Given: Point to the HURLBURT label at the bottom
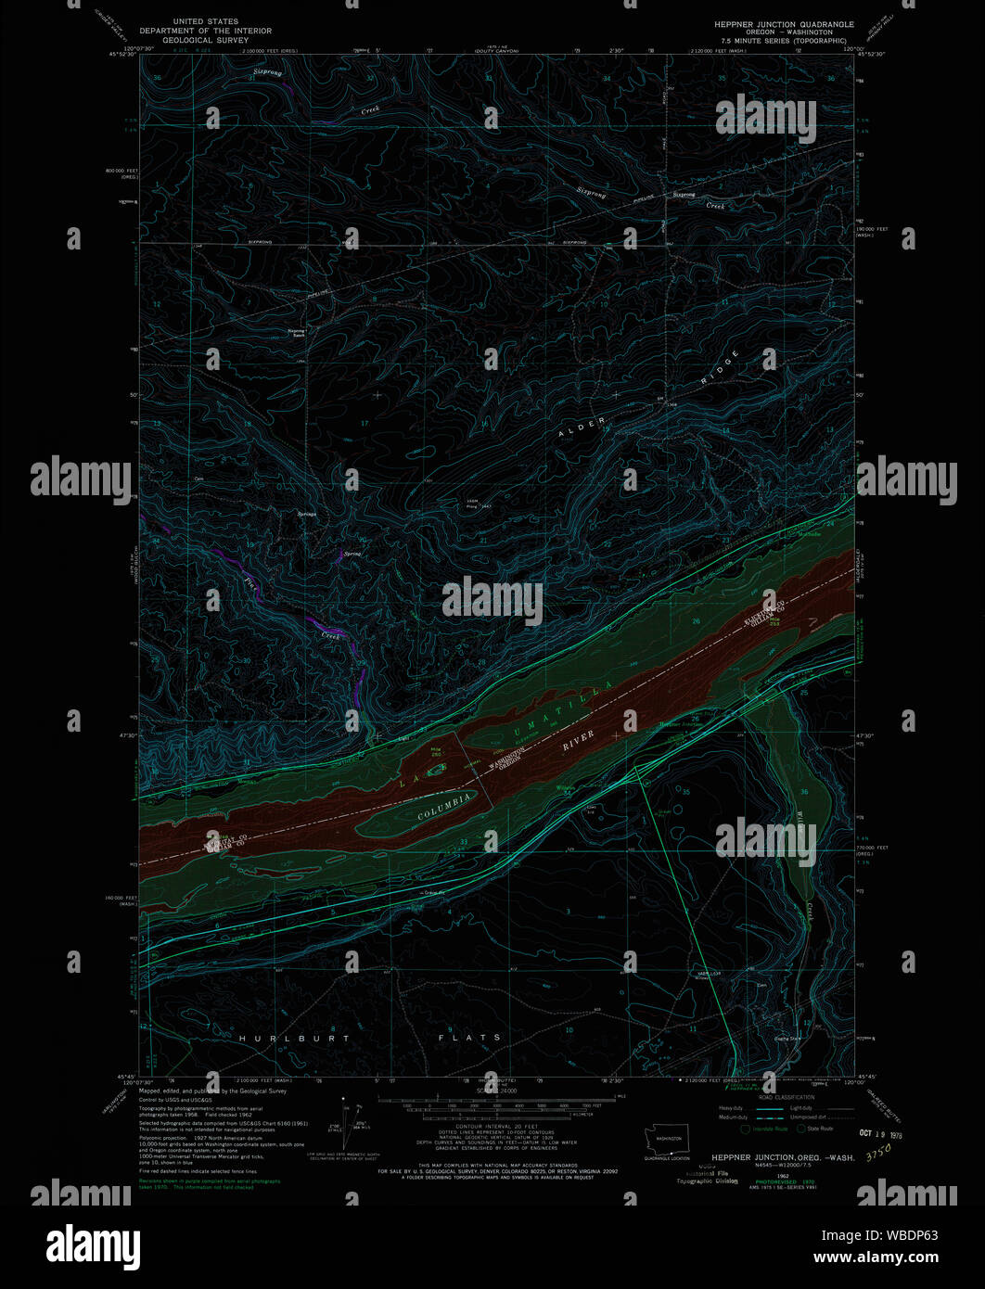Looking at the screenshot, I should [x=295, y=1039].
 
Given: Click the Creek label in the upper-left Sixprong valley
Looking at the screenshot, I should [x=370, y=110].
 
